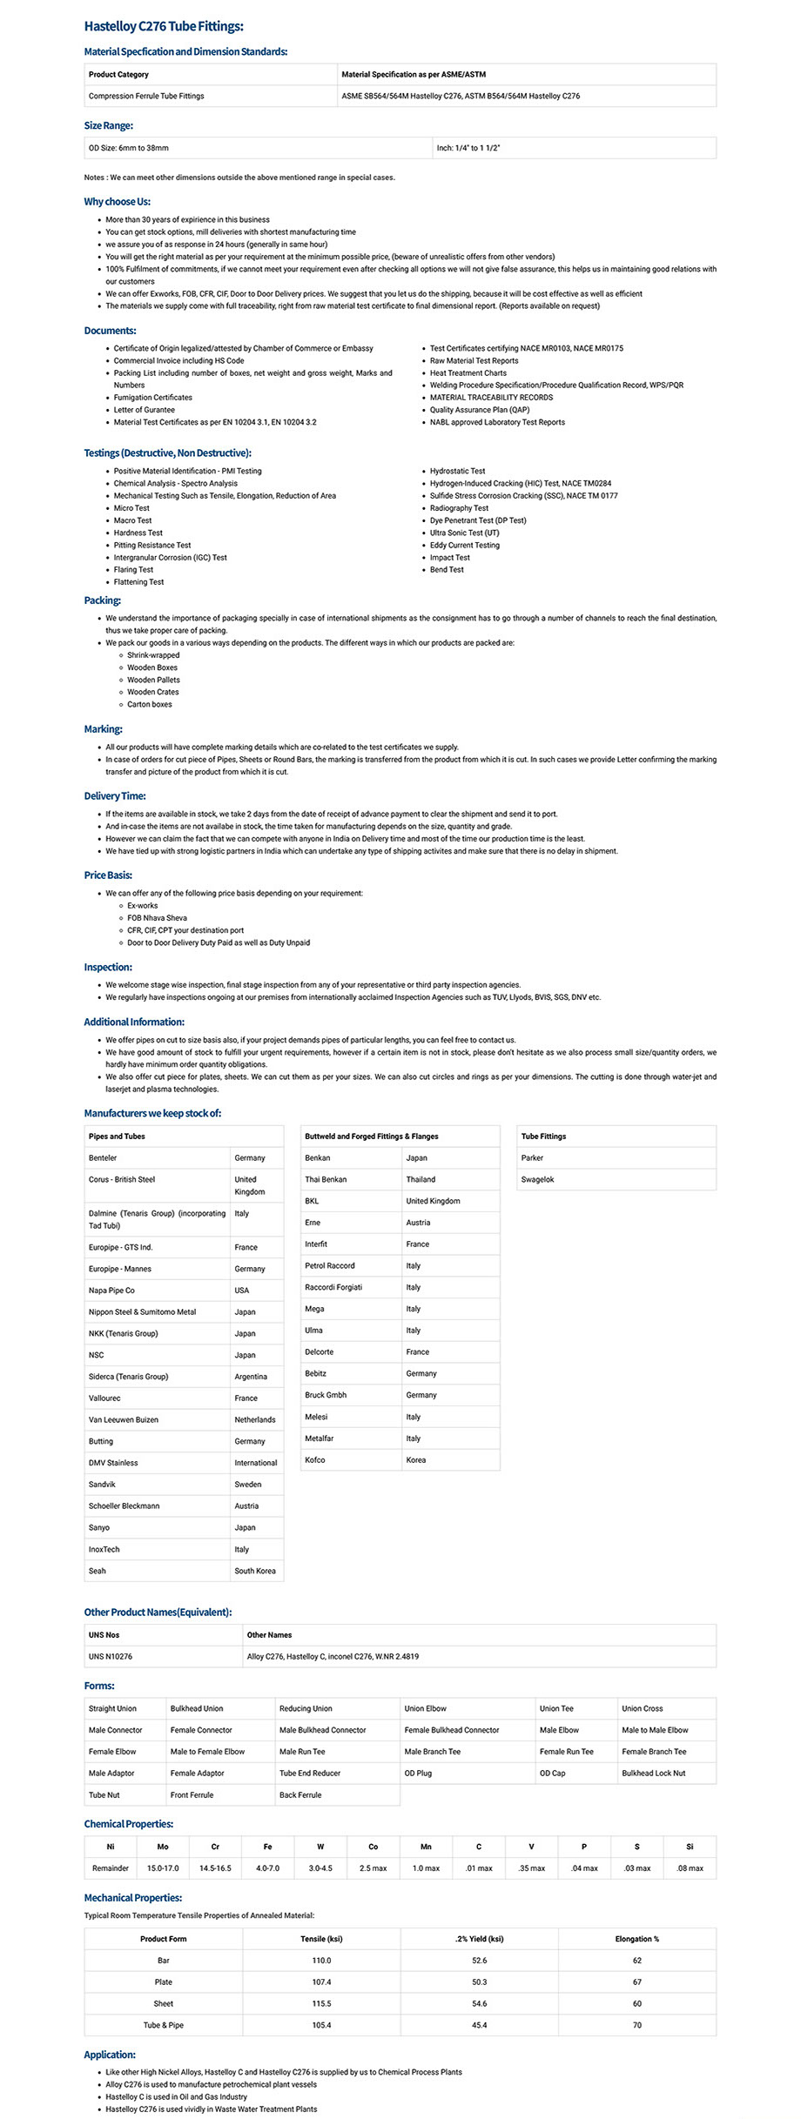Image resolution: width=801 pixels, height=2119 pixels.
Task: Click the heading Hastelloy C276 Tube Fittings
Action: [164, 27]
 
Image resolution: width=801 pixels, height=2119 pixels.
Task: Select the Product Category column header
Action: [118, 75]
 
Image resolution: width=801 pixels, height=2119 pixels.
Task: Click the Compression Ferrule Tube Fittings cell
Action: [146, 97]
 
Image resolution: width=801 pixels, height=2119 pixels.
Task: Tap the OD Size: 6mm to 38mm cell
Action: [129, 148]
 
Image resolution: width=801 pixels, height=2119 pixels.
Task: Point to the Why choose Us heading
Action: [118, 202]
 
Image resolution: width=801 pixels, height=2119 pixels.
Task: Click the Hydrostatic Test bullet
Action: [457, 471]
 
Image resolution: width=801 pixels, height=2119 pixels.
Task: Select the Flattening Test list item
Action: [138, 582]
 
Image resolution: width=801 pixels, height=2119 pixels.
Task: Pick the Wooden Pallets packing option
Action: [153, 680]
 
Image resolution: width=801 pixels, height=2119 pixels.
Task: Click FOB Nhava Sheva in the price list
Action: [157, 918]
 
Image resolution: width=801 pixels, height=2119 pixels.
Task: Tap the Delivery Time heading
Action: [115, 796]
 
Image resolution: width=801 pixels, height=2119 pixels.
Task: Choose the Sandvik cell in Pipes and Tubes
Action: [102, 1485]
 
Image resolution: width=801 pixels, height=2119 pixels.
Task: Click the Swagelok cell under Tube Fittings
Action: [537, 1180]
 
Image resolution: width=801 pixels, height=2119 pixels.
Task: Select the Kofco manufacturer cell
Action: [315, 1460]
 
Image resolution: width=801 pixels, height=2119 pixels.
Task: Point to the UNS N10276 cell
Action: [111, 1657]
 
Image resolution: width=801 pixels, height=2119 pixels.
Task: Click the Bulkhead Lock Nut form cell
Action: [653, 1774]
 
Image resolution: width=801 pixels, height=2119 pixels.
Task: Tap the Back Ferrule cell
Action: [300, 1795]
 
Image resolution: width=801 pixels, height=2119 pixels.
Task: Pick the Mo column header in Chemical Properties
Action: [163, 1847]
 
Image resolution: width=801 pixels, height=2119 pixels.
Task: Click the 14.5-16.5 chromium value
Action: [215, 1868]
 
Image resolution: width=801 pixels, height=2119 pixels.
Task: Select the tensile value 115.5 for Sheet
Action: [321, 2003]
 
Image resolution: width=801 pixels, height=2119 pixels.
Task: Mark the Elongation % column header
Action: [636, 1939]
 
